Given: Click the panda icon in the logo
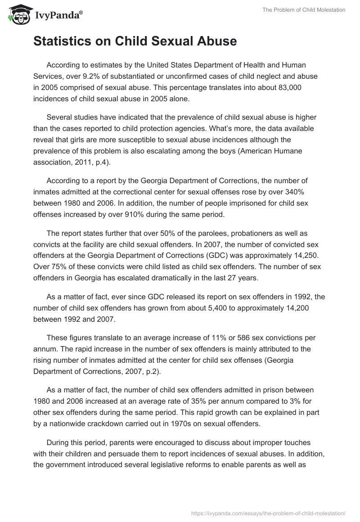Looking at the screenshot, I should click(17, 15).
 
